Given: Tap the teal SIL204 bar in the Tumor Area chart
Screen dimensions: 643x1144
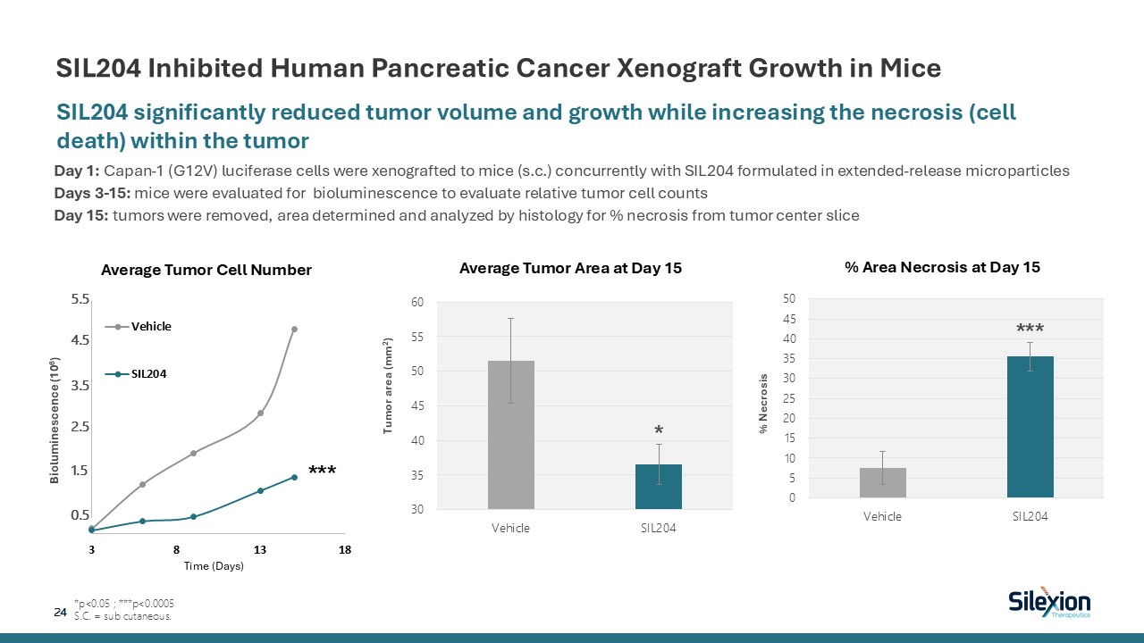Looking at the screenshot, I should point(659,487).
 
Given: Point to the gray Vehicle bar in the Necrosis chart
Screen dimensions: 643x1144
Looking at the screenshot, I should point(882,482).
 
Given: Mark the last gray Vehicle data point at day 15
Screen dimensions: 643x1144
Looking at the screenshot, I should point(294,329).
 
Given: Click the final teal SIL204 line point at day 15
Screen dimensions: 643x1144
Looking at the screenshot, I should point(294,477).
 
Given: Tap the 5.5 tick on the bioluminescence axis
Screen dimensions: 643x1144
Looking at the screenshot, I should point(80,300).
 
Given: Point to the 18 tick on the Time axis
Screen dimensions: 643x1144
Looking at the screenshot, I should point(345,549).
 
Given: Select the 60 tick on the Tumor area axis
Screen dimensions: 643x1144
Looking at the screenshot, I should point(417,302).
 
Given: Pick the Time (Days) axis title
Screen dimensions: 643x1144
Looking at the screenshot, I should point(214,567).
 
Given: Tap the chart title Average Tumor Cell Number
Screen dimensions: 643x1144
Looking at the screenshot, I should point(206,270).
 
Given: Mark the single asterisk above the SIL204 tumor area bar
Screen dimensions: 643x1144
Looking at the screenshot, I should point(659,430).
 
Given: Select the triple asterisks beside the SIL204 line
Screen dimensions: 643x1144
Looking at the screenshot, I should point(322,469).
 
